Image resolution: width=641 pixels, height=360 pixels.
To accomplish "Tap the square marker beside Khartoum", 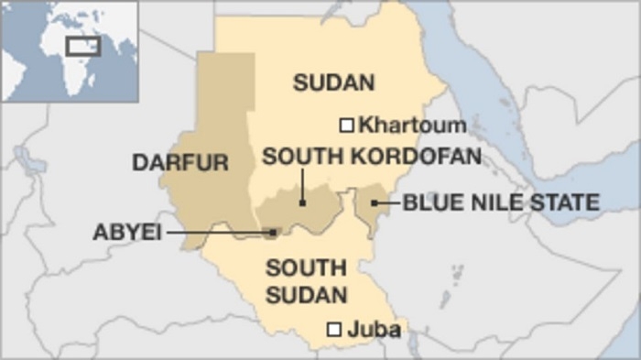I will [347, 125].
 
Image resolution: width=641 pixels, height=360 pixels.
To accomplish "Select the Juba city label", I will [374, 330].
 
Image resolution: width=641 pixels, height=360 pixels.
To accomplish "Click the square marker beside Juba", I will [335, 330].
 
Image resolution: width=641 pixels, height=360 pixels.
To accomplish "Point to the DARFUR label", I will [179, 163].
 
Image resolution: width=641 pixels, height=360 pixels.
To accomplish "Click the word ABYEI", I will [126, 233].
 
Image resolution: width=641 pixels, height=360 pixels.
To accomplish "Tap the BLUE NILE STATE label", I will [501, 202].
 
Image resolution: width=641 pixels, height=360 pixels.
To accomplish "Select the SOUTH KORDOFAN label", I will [372, 157].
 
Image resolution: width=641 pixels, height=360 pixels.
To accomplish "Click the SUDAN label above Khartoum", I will [333, 83].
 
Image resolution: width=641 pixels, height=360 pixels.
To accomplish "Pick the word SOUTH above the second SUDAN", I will [306, 268].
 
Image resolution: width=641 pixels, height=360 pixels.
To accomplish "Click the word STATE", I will [568, 202].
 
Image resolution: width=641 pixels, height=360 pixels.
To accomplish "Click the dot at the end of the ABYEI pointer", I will [273, 233].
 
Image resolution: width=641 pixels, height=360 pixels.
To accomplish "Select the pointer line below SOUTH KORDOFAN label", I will [302, 186].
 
